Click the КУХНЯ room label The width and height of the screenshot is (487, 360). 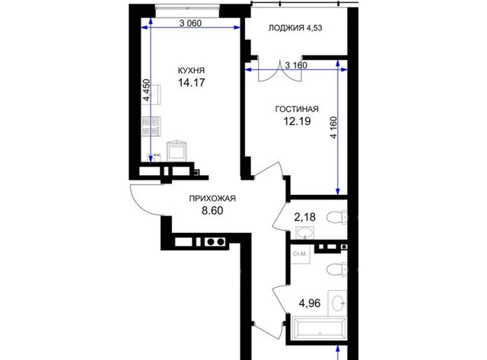tap(191, 71)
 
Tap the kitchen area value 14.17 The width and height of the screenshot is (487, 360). tap(191, 83)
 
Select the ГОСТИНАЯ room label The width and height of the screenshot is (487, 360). tap(297, 109)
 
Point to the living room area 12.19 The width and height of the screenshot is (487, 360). tap(297, 121)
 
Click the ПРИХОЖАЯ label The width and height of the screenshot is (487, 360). tap(212, 199)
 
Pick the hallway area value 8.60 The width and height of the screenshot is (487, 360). tap(212, 211)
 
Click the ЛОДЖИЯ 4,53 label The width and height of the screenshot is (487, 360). tap(295, 28)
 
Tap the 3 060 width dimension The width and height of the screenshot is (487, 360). tap(190, 23)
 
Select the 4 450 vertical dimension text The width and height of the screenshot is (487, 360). tap(146, 90)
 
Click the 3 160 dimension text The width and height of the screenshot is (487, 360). tap(296, 65)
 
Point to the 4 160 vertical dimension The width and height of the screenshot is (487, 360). tap(333, 127)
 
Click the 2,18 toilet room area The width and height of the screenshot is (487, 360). tap(304, 217)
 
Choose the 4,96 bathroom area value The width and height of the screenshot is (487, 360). tap(310, 303)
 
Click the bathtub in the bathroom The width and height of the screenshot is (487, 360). tap(319, 328)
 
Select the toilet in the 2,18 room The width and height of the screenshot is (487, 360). tap(337, 217)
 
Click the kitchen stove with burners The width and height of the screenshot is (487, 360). tap(151, 126)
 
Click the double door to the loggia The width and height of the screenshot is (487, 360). tap(280, 71)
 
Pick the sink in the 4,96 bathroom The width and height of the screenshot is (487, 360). tap(338, 301)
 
